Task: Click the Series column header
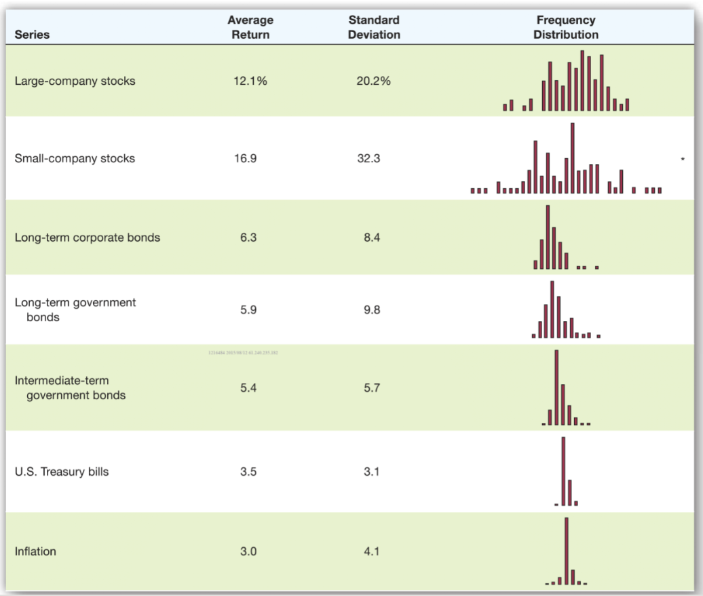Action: point(31,35)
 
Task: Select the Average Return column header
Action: point(250,27)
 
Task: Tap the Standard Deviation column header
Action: point(374,27)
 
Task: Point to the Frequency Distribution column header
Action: point(565,27)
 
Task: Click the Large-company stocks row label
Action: point(75,81)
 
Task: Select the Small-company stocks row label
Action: point(75,158)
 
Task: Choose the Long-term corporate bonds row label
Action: point(88,238)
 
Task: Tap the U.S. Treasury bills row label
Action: point(62,471)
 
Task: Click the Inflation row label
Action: point(35,551)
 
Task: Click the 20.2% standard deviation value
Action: point(373,81)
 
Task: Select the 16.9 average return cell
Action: point(248,158)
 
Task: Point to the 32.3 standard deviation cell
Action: point(371,158)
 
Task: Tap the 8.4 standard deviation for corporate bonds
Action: point(371,238)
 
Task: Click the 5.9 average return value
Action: point(248,310)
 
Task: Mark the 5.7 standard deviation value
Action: point(371,388)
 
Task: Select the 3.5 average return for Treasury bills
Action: point(248,471)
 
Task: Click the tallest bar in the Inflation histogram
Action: point(566,551)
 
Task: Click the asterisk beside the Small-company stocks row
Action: point(683,160)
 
